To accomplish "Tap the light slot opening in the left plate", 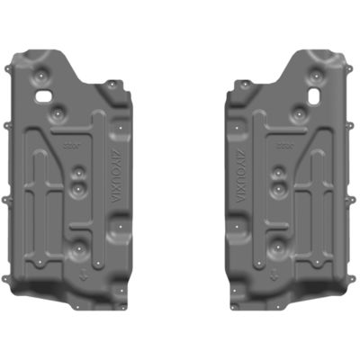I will pyautogui.click(x=43, y=93).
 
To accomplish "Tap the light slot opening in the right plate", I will pyautogui.click(x=315, y=93).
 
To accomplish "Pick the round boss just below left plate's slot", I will pyautogui.click(x=57, y=114).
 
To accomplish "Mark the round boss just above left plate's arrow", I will pyautogui.click(x=83, y=246).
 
